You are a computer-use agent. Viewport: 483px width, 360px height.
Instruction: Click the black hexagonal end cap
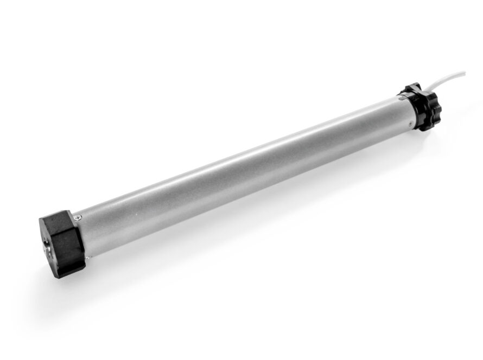(x=61, y=244)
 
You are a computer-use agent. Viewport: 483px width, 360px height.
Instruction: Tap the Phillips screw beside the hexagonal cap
(x=80, y=217)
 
